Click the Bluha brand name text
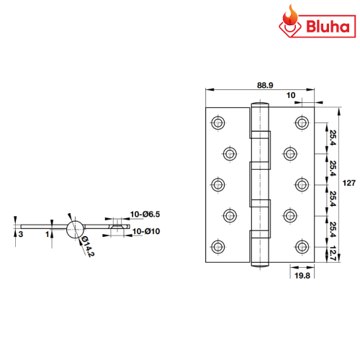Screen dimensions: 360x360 (x=328, y=27)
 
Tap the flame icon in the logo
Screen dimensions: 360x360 (x=290, y=15)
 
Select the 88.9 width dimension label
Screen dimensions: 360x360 (x=265, y=85)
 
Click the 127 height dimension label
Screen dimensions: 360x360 (x=348, y=183)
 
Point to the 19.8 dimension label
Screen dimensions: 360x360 (x=302, y=276)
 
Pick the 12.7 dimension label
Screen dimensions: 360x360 (x=333, y=253)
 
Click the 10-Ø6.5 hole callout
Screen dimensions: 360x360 (x=145, y=214)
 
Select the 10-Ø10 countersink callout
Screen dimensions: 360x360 (x=146, y=231)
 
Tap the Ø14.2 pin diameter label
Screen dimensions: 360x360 (x=88, y=246)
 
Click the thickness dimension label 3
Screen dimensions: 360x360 (x=21, y=234)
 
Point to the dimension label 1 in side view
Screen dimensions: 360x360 (x=48, y=234)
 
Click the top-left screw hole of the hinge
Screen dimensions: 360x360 (x=218, y=122)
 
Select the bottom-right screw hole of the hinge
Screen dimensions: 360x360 (x=302, y=246)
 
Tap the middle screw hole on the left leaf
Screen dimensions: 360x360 (x=218, y=184)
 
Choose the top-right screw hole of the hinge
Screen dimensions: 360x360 (x=302, y=122)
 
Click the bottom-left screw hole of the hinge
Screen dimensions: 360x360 (x=218, y=246)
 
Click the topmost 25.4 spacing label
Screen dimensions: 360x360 (x=333, y=138)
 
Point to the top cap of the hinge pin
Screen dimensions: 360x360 (x=260, y=104)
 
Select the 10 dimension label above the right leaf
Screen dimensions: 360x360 (x=291, y=95)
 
